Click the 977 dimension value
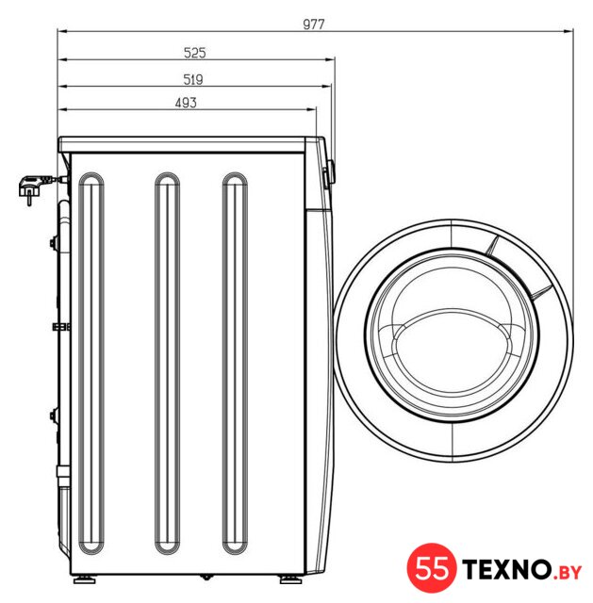[x=314, y=24]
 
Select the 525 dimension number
[x=195, y=53]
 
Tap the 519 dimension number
[x=192, y=79]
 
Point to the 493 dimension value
[x=186, y=103]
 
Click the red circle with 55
[x=432, y=567]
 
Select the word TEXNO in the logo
[x=506, y=569]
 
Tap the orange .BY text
[x=567, y=573]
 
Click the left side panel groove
[x=91, y=364]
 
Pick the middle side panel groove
[x=167, y=364]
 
